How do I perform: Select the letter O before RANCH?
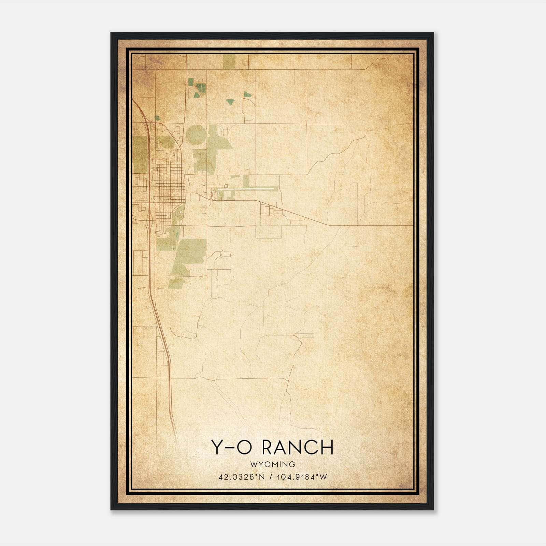click(244, 447)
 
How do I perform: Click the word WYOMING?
click(272, 464)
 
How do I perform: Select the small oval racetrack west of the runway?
click(213, 195)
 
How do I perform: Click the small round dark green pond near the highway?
click(157, 118)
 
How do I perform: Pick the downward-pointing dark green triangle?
click(231, 102)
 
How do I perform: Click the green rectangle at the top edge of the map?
click(229, 62)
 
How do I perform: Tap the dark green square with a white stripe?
click(201, 87)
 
